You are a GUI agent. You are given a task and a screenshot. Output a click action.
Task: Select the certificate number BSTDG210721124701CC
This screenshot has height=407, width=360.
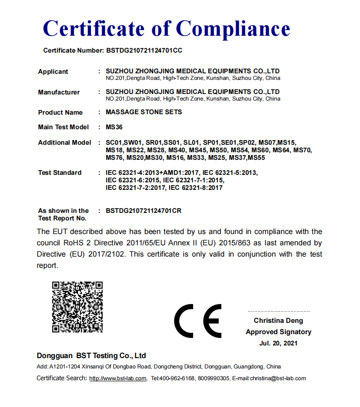(x=145, y=50)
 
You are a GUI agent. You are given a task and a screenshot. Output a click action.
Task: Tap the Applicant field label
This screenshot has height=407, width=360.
(x=53, y=71)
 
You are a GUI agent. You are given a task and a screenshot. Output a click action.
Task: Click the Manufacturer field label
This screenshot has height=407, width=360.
(x=59, y=92)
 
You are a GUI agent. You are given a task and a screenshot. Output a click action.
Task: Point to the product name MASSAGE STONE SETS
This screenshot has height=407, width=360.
(x=144, y=112)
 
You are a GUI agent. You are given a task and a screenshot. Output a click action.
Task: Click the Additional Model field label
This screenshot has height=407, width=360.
(x=64, y=142)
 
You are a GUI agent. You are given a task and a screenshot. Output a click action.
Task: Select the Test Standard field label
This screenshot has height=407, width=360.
(x=60, y=172)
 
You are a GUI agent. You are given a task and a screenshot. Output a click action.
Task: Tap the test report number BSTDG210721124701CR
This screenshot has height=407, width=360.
(x=144, y=211)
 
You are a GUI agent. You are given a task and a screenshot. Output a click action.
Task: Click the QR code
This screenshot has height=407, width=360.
(x=77, y=307)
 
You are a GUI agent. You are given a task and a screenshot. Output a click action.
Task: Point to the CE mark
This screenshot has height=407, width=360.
(x=197, y=321)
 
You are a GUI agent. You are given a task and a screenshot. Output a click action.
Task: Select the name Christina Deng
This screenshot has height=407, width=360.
(x=278, y=321)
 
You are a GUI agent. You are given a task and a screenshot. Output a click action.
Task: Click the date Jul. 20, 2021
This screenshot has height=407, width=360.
(x=278, y=343)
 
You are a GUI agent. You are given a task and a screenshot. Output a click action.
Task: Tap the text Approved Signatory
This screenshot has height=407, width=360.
(x=278, y=332)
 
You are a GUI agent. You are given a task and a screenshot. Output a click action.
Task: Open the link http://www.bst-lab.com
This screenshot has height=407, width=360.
(x=118, y=378)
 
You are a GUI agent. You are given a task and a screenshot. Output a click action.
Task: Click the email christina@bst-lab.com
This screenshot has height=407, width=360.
(x=278, y=378)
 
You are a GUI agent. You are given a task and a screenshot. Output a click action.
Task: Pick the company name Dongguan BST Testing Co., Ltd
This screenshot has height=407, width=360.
(x=91, y=355)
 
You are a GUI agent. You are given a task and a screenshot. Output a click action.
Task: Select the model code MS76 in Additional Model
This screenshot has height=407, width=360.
(x=115, y=157)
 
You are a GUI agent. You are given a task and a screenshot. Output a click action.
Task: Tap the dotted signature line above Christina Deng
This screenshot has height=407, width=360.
(x=278, y=311)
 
